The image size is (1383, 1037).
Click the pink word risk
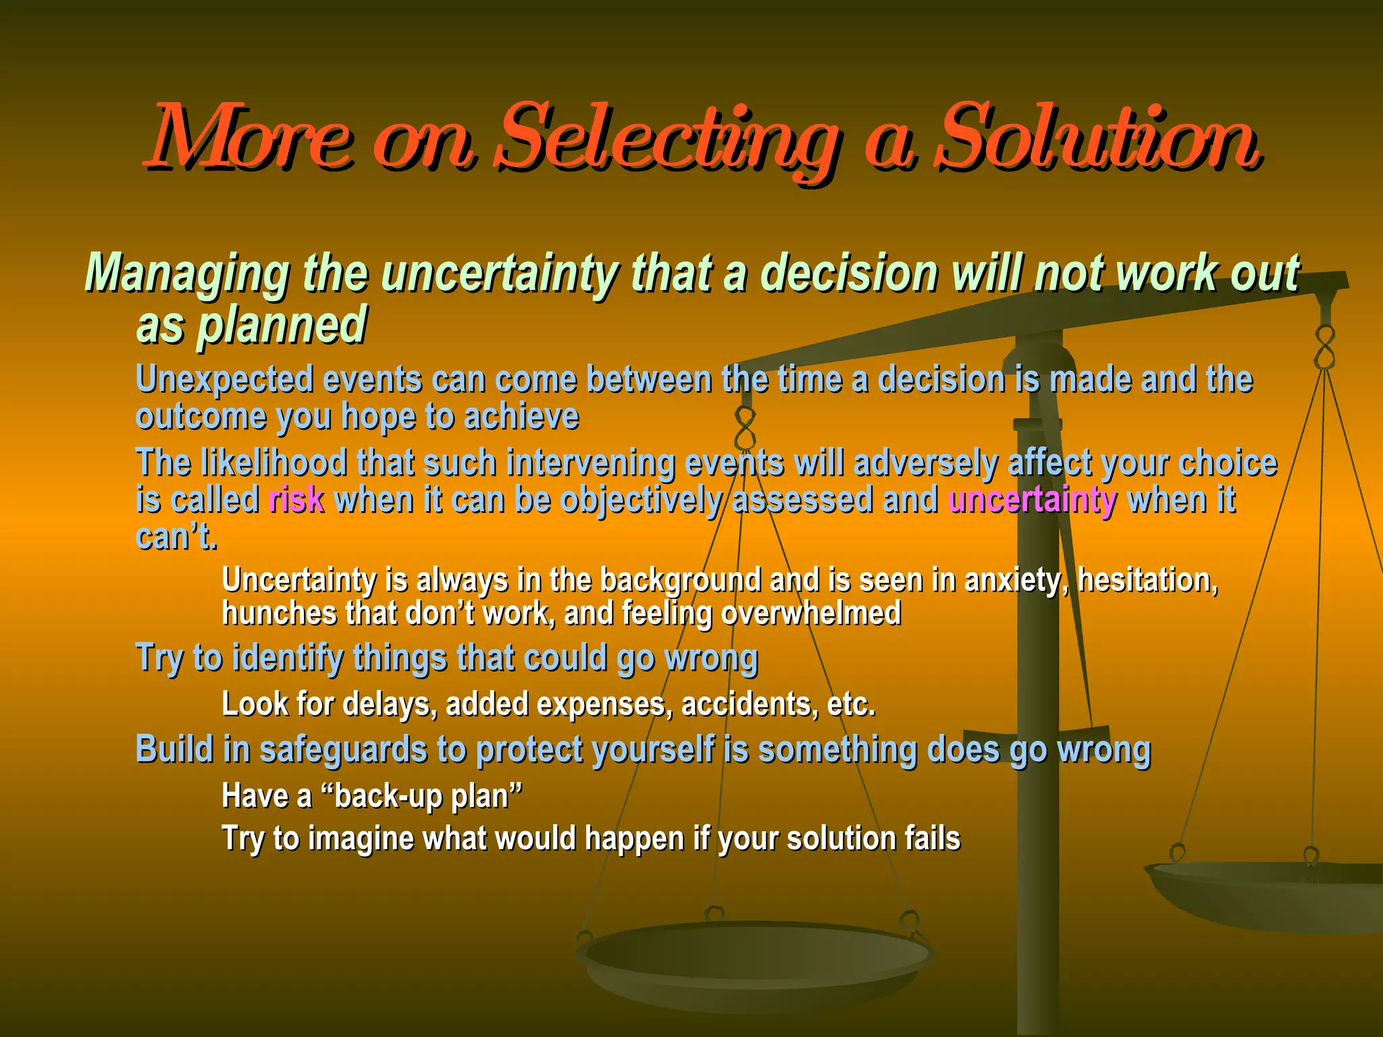296,500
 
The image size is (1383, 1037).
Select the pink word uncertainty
1032,500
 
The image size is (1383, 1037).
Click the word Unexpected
225,379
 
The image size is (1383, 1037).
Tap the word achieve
521,416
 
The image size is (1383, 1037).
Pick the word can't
176,537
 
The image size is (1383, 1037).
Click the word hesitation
1147,580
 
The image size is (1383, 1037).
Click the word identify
287,658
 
